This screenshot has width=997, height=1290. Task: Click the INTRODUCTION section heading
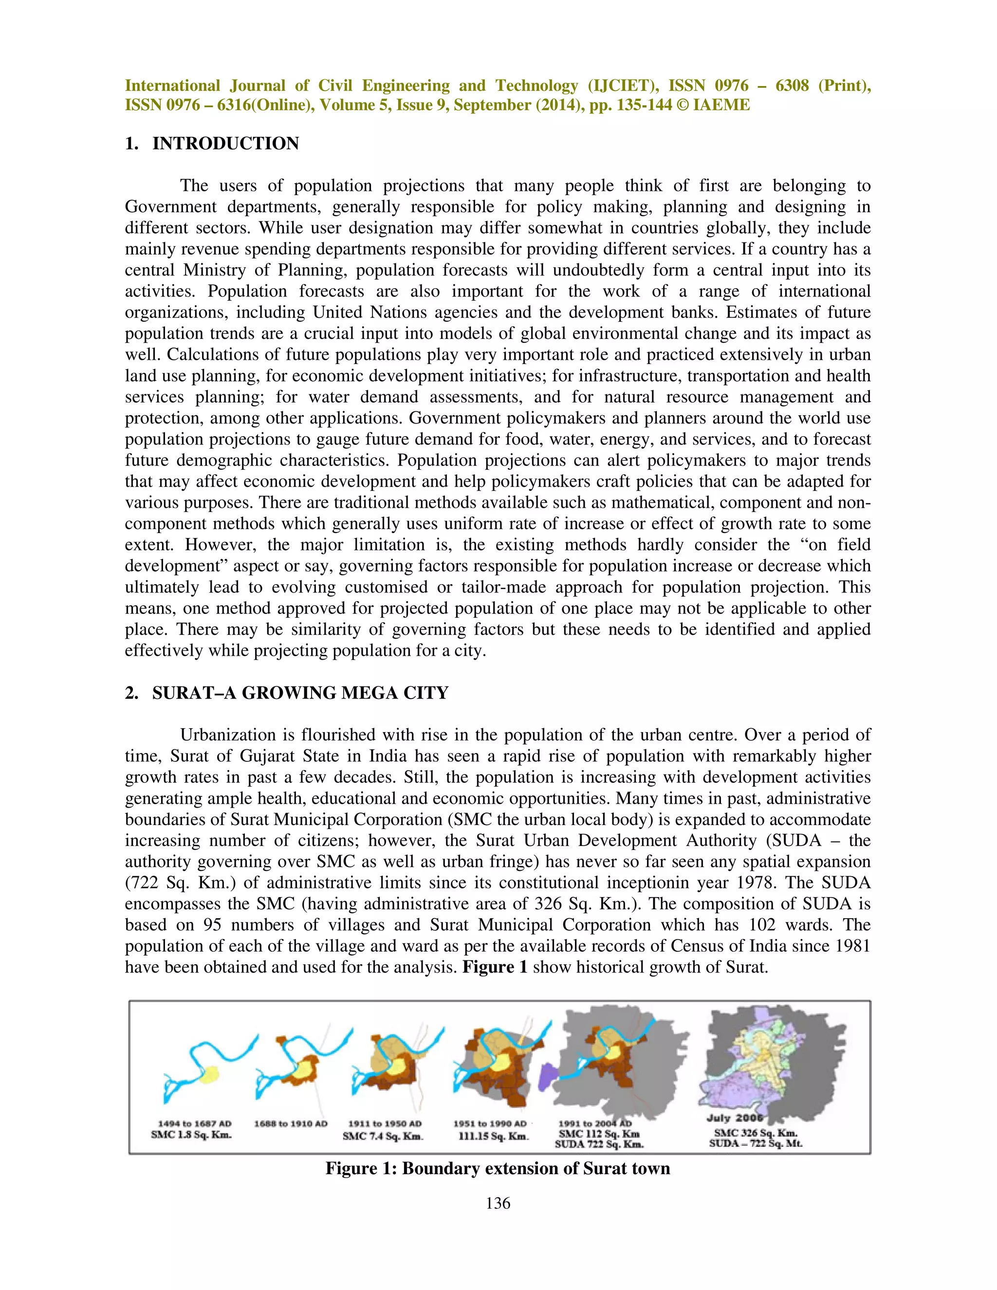point(225,144)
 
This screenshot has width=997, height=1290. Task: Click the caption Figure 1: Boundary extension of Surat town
point(498,1168)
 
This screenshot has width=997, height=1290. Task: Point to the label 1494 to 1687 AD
point(194,1124)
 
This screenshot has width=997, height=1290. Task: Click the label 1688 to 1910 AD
point(291,1124)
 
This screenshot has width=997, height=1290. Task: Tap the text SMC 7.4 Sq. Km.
point(383,1137)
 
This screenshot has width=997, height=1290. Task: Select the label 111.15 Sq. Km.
point(494,1137)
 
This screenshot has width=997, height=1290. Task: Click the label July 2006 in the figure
point(734,1118)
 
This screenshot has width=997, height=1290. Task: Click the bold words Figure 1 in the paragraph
point(495,967)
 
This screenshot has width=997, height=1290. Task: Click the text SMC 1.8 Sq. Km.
point(191,1135)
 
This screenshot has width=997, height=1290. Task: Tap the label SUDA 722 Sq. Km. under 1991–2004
point(599,1144)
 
